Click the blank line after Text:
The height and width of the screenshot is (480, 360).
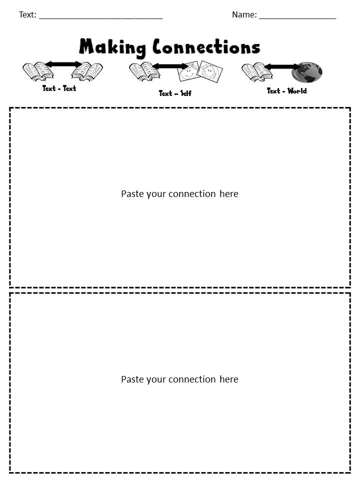[x=100, y=16]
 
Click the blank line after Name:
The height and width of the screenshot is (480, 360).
[x=297, y=16]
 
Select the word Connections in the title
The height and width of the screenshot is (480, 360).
[x=206, y=47]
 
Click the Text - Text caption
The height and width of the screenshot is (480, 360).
[x=59, y=88]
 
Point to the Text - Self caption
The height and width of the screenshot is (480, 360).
[x=175, y=93]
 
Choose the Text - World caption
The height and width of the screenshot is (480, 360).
[x=286, y=91]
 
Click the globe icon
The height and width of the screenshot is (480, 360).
[x=307, y=72]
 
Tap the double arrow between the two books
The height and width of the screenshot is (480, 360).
[x=63, y=64]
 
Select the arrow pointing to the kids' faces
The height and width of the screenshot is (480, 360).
[x=169, y=66]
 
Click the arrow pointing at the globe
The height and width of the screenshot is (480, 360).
[x=282, y=66]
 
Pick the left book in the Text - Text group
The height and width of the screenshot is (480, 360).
[x=38, y=71]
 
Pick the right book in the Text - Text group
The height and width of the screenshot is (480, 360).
[x=87, y=71]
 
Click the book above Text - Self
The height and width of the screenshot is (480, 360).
[x=144, y=72]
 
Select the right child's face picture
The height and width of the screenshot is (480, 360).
[x=210, y=71]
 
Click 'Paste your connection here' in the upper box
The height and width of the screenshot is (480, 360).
[x=179, y=194]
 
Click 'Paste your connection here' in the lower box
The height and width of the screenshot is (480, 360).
[x=179, y=379]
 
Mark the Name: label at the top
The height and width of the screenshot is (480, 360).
[x=244, y=15]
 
